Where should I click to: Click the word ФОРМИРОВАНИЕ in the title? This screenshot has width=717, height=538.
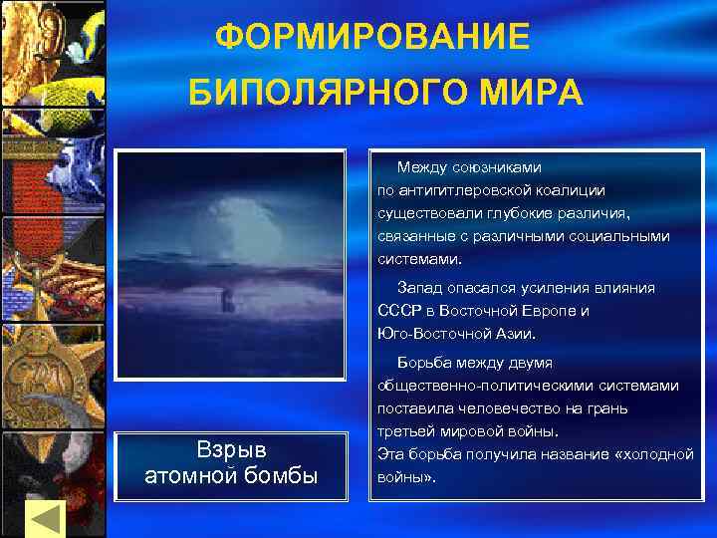pos(372,38)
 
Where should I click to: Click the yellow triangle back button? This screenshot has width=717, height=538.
pos(44,517)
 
